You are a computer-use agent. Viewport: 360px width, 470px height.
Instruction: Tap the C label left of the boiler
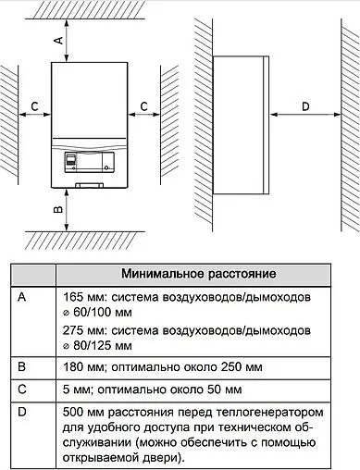(x=34, y=107)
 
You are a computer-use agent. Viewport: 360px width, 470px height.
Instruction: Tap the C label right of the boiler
(x=143, y=107)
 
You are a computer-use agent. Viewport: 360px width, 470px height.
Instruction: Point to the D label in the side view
(x=306, y=107)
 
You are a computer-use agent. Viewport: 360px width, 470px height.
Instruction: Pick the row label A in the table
(x=23, y=298)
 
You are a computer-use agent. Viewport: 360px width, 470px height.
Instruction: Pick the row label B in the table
(x=23, y=367)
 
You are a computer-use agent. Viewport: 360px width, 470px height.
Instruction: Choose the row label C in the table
(x=23, y=390)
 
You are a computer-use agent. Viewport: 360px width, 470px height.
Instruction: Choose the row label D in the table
(x=23, y=411)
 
